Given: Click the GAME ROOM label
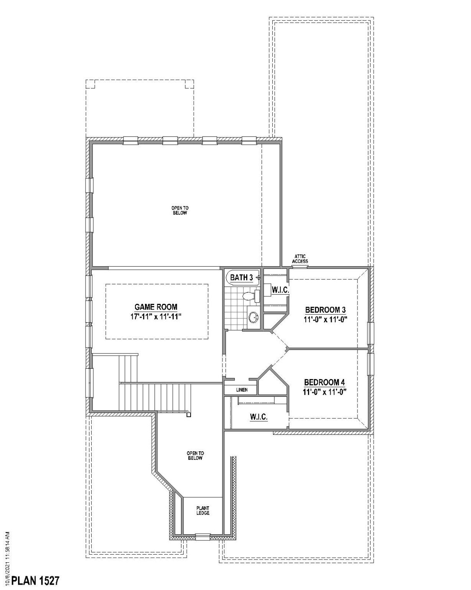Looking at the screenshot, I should (x=156, y=307).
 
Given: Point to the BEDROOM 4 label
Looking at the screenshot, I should (x=324, y=382).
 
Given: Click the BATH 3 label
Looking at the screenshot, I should (x=241, y=277).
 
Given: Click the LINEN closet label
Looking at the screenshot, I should (x=242, y=390).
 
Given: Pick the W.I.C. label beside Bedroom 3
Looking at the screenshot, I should (x=280, y=290).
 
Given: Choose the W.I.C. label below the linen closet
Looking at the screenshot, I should (x=259, y=417).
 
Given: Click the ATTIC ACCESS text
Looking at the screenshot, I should (x=300, y=259).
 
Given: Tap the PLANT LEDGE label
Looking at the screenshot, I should (x=203, y=510).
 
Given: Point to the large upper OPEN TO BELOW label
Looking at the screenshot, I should (x=180, y=210).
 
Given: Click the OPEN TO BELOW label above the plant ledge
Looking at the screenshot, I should (x=195, y=456).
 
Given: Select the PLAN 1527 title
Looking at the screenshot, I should (x=35, y=580).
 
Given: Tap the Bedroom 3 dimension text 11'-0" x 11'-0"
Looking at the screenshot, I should (x=325, y=320).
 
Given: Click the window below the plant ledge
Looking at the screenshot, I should (x=203, y=537).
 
